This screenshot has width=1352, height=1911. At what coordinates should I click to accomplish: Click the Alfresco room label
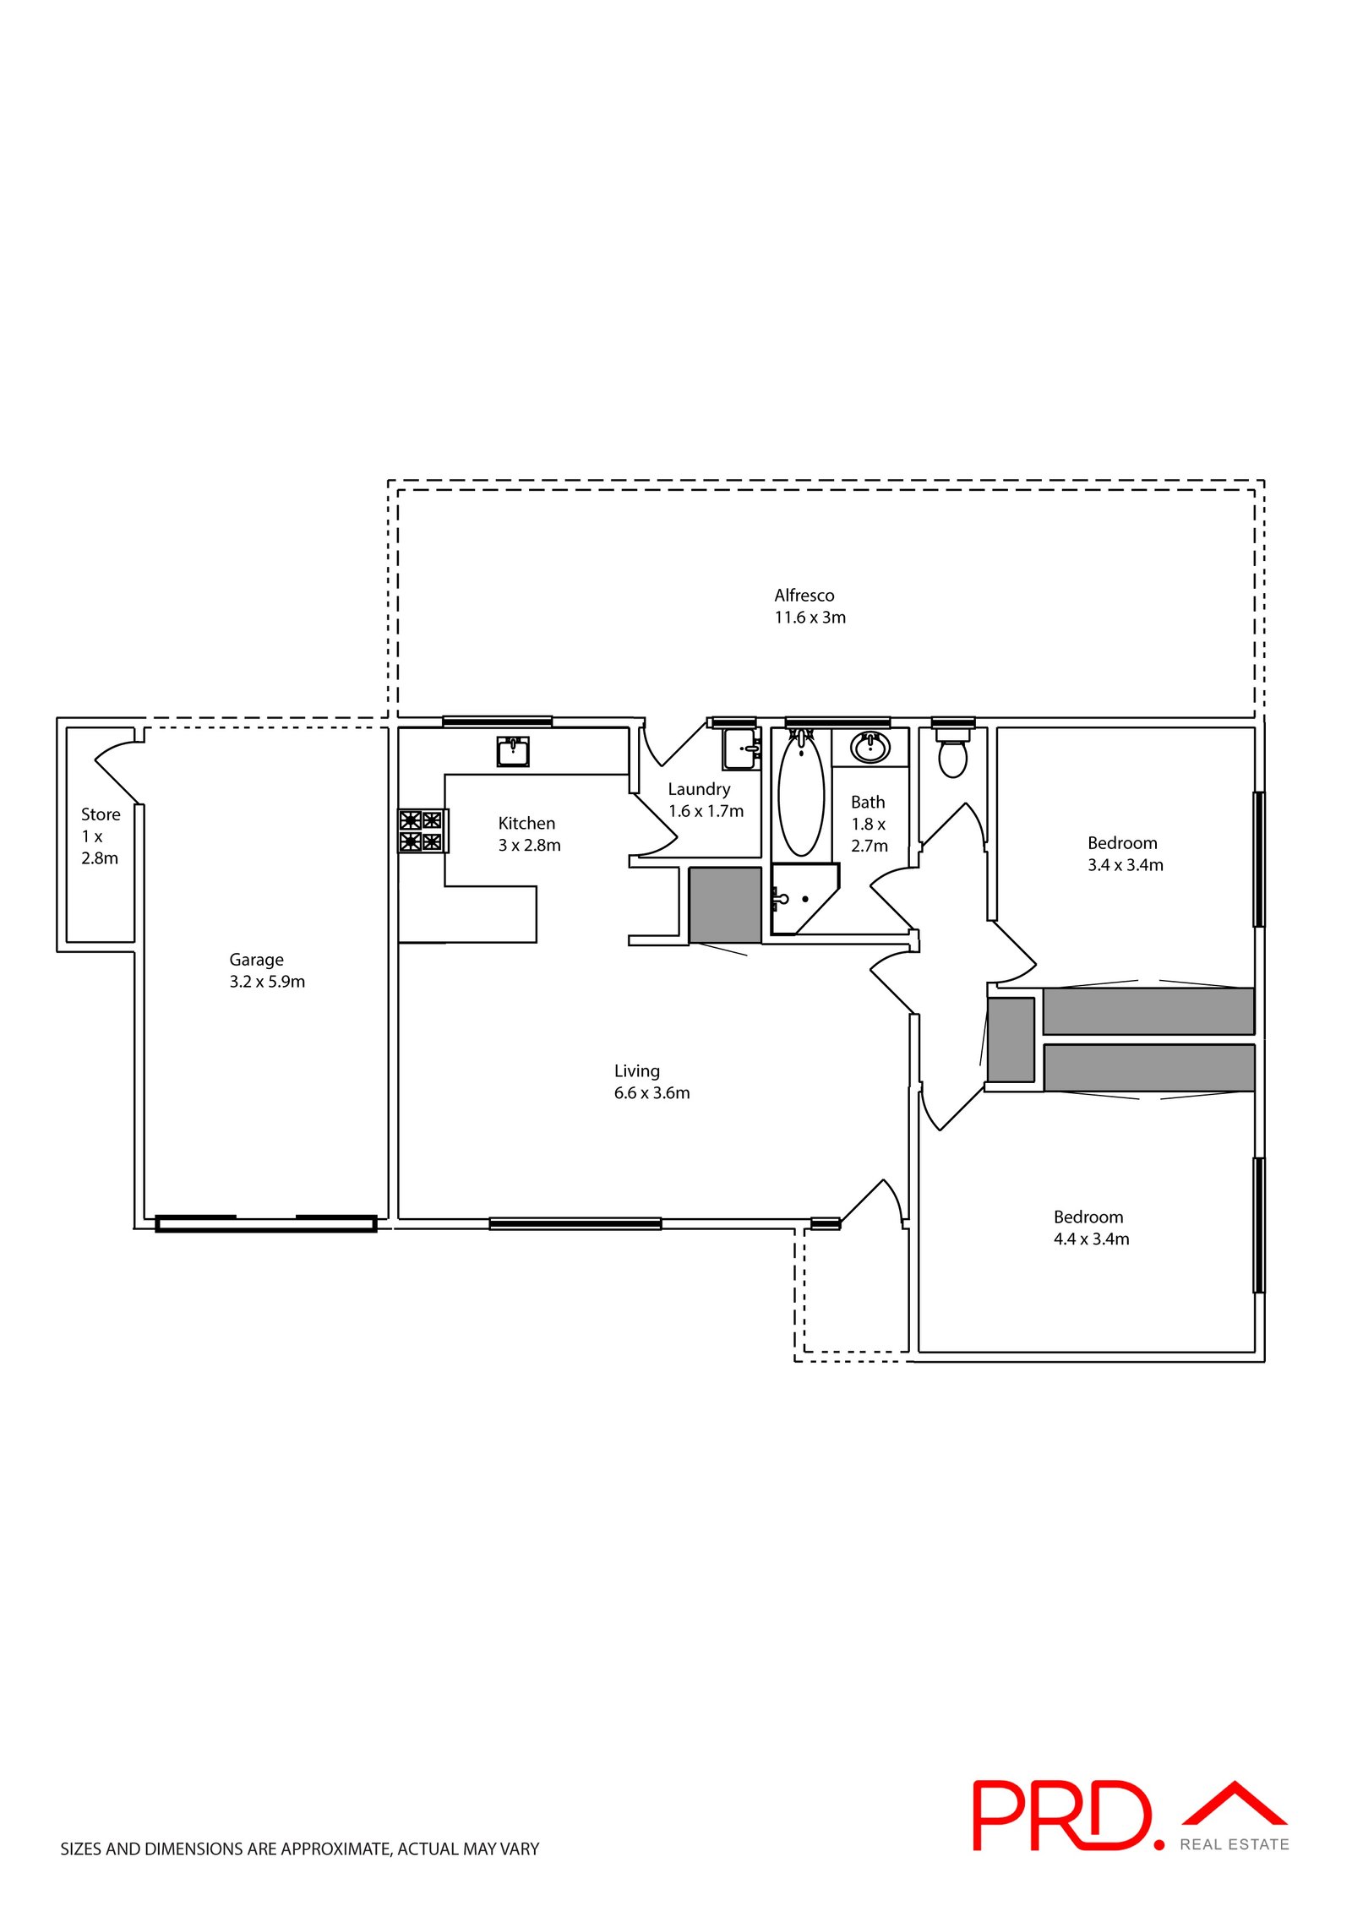[804, 595]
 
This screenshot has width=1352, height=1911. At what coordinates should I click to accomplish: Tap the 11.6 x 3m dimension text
[810, 618]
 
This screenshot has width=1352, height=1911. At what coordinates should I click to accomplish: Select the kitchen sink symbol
[513, 750]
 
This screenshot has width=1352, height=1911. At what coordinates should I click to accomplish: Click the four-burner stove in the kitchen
[421, 830]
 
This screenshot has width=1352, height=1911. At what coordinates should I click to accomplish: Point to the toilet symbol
[952, 756]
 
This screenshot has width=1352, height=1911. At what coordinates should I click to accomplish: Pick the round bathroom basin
[870, 748]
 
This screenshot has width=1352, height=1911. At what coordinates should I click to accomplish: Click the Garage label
[256, 960]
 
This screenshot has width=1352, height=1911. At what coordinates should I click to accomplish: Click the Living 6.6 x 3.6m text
[651, 1082]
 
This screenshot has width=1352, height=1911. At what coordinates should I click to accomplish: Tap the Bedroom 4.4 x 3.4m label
[1090, 1228]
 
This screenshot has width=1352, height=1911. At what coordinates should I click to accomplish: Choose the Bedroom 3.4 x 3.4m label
[1124, 853]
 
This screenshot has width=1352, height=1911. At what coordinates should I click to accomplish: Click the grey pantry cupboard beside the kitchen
[724, 904]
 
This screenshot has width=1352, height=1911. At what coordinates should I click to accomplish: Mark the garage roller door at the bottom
[265, 1223]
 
